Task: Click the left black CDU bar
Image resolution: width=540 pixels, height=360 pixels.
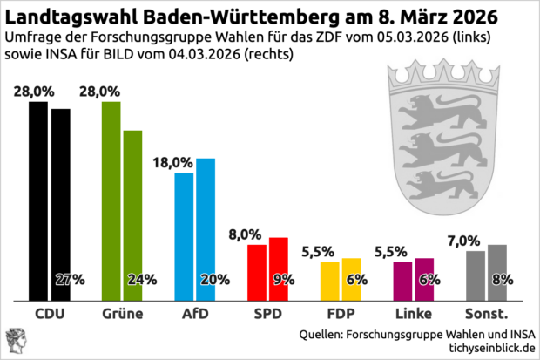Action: click(x=38, y=200)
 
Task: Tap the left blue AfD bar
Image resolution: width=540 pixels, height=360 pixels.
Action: click(x=185, y=235)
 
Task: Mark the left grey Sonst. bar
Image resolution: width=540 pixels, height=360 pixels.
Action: click(x=476, y=275)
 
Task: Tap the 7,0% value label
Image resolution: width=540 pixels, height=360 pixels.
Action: click(x=463, y=240)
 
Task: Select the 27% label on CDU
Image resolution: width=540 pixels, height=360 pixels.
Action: click(x=69, y=280)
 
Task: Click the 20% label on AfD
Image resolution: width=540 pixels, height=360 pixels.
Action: click(x=214, y=280)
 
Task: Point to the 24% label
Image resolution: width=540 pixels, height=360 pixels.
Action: click(x=142, y=280)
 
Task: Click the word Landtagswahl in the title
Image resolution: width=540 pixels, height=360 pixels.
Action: click(x=65, y=17)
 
